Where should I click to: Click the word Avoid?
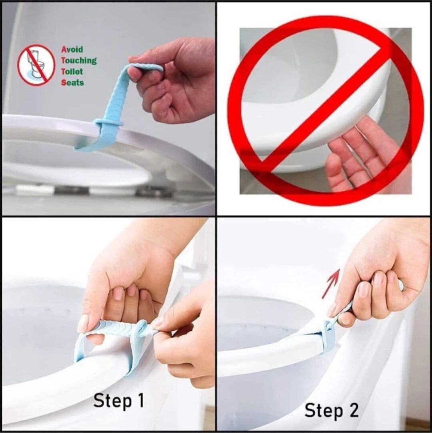tap(72, 49)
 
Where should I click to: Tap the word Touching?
tap(78, 60)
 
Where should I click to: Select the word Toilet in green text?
tap(72, 72)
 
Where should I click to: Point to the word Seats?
tap(72, 83)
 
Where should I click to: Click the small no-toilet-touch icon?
tap(36, 65)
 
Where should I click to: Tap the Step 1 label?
tap(118, 401)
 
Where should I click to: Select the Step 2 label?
tap(332, 410)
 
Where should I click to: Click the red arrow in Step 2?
tap(331, 284)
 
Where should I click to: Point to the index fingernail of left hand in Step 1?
tap(83, 323)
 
